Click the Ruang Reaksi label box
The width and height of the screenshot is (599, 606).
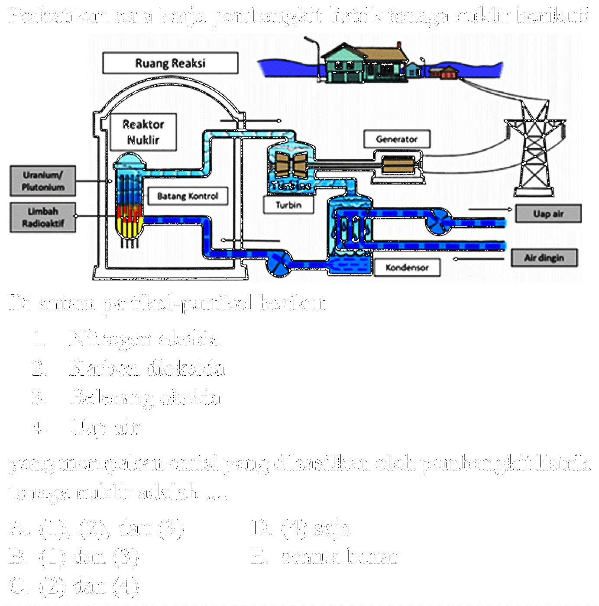tap(170, 63)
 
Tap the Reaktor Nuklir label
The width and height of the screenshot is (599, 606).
tap(143, 132)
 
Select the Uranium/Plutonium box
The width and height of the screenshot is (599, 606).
tap(43, 181)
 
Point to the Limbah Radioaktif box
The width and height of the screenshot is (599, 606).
tap(43, 217)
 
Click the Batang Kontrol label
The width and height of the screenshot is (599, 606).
tap(188, 196)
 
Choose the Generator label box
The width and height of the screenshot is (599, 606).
tap(397, 139)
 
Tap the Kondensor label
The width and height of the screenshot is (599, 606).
tap(407, 268)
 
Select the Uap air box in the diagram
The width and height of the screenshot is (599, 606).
tap(548, 214)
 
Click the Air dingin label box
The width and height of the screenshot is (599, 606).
tap(544, 258)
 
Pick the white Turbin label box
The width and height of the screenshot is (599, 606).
tap(288, 205)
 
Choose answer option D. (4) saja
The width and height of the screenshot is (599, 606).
tap(300, 528)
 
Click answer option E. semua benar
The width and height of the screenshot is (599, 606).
tap(325, 557)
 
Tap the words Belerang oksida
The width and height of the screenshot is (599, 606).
tap(145, 398)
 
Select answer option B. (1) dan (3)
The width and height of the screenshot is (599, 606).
tap(74, 557)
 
